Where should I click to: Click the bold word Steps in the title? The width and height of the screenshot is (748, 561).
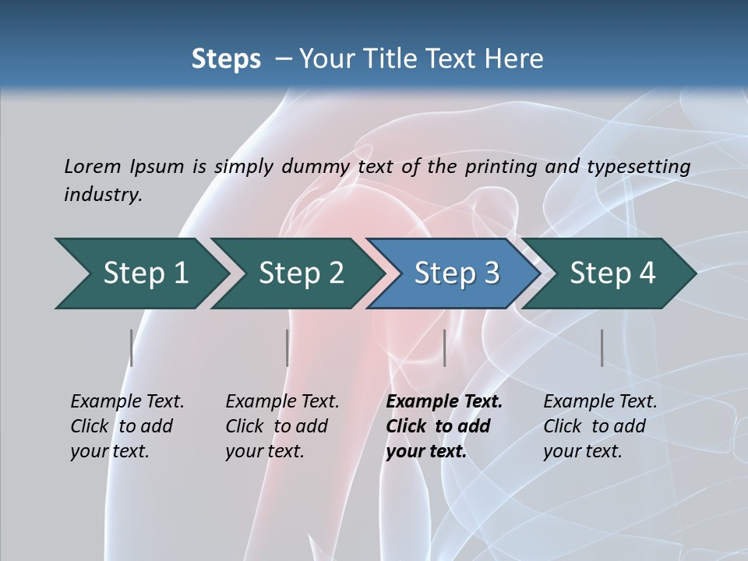coord(226,59)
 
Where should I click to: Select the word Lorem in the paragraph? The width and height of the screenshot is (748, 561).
coord(92,166)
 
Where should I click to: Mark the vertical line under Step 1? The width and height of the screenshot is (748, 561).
coord(131,348)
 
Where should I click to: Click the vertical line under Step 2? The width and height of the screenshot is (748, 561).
coord(288,348)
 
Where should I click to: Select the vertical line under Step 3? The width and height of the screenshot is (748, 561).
coord(444,348)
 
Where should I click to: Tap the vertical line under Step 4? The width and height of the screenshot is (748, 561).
coord(602,348)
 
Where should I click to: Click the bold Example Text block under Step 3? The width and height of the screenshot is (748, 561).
coord(443,426)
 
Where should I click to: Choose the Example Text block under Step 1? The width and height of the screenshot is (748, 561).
coord(126,426)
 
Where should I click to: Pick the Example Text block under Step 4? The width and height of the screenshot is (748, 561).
coord(599,426)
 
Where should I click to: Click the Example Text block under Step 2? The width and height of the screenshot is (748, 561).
coord(281,426)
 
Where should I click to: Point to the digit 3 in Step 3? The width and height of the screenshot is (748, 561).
coord(491,273)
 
